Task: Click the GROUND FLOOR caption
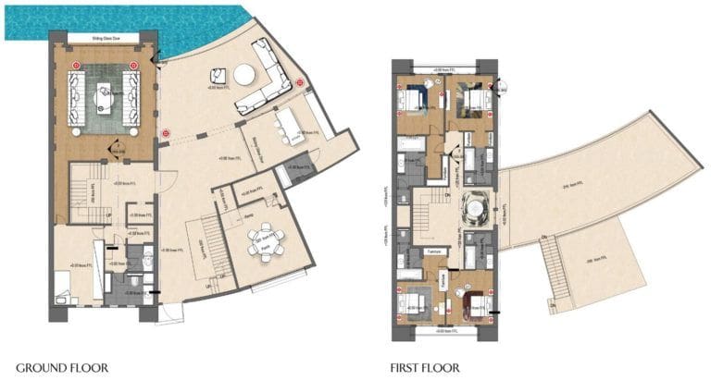click(x=62, y=367)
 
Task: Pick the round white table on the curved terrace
click(x=245, y=74)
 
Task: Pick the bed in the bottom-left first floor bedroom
click(x=414, y=300)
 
